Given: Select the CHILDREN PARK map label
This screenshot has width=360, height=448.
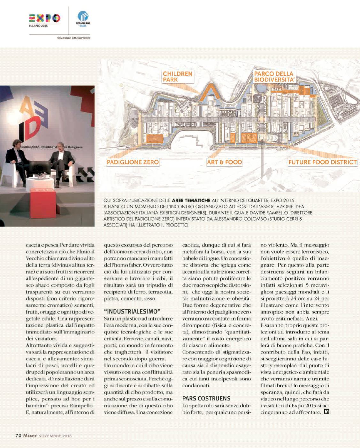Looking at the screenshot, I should pyautogui.click(x=177, y=77).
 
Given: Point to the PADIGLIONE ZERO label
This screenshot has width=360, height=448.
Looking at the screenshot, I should pyautogui.click(x=133, y=162).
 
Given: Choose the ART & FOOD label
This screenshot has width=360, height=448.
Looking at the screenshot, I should pyautogui.click(x=224, y=162).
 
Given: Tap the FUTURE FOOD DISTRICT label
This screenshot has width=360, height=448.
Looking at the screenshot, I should pyautogui.click(x=322, y=162).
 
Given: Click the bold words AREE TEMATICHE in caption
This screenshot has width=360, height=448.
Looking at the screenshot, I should pyautogui.click(x=191, y=201).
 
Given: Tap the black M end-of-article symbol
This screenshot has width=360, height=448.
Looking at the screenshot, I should pyautogui.click(x=326, y=412).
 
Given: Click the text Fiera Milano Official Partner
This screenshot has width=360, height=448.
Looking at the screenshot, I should pyautogui.click(x=73, y=38).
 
